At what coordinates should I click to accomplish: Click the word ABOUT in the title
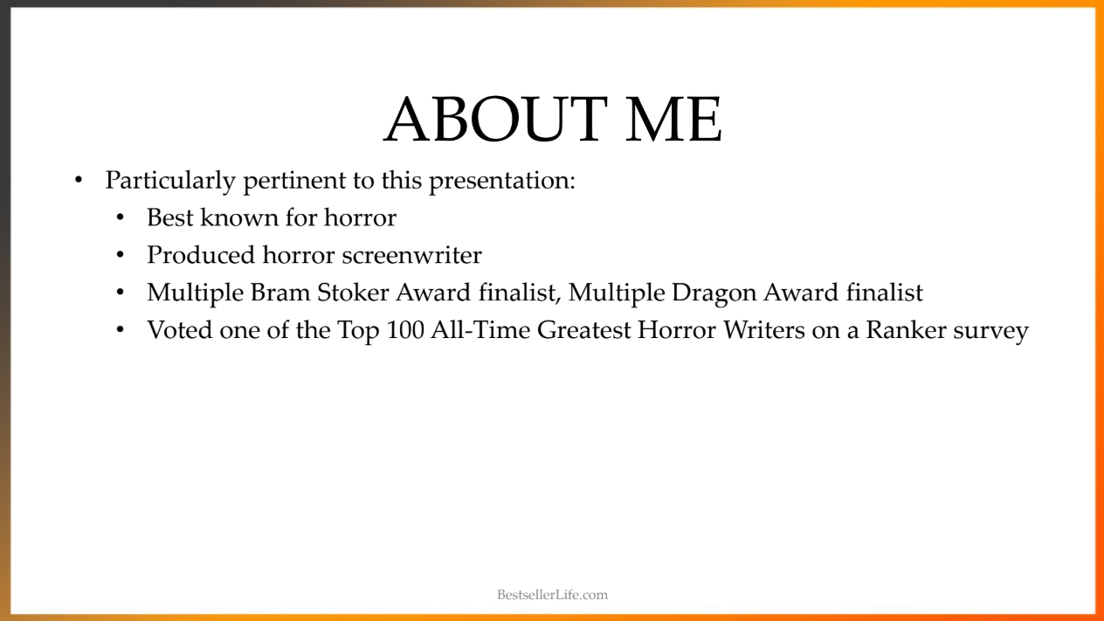click(x=496, y=119)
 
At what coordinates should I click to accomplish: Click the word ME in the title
click(x=673, y=119)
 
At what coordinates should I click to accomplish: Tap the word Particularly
click(x=170, y=181)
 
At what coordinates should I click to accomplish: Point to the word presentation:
click(x=502, y=181)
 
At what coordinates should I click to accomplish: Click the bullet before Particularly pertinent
click(x=79, y=180)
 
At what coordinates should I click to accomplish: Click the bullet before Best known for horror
click(x=121, y=217)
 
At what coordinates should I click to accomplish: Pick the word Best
click(x=170, y=217)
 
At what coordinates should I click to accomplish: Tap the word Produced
click(x=201, y=255)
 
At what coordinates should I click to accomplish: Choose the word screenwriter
click(x=412, y=256)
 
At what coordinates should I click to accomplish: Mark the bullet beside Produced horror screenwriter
click(x=121, y=255)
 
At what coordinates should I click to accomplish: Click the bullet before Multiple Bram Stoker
click(x=121, y=293)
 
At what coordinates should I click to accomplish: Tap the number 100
click(x=405, y=330)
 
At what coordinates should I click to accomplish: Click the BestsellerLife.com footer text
click(x=553, y=595)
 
